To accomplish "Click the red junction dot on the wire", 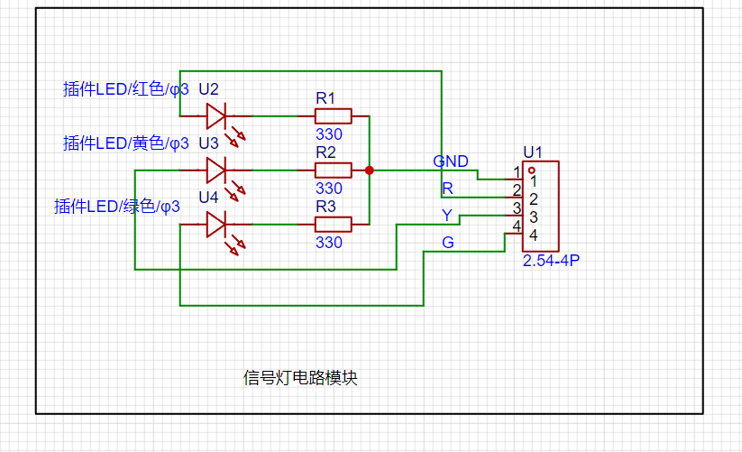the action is point(369,171).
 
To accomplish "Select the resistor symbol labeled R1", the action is point(334,116).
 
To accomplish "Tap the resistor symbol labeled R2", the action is point(334,171).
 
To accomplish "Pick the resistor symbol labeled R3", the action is point(334,225).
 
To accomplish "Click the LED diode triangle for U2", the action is point(215,116).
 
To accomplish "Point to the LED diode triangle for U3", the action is point(215,171).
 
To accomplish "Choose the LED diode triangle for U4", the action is point(215,225).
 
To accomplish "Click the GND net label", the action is point(451,161).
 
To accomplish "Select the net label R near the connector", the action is point(448,189).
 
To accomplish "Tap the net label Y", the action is point(447,216).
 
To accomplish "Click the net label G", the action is point(448,243).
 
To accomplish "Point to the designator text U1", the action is point(533,152).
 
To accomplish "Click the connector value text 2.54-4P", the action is point(551,261).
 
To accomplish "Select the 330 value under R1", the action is point(329,134).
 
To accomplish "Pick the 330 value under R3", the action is point(329,243).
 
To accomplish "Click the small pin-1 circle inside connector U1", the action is point(532,171).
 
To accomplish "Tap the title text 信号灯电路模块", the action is point(300,378).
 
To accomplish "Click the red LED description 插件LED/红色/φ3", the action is point(126,89).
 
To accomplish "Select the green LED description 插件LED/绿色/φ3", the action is point(117,207).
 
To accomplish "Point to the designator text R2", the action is point(325,152).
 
